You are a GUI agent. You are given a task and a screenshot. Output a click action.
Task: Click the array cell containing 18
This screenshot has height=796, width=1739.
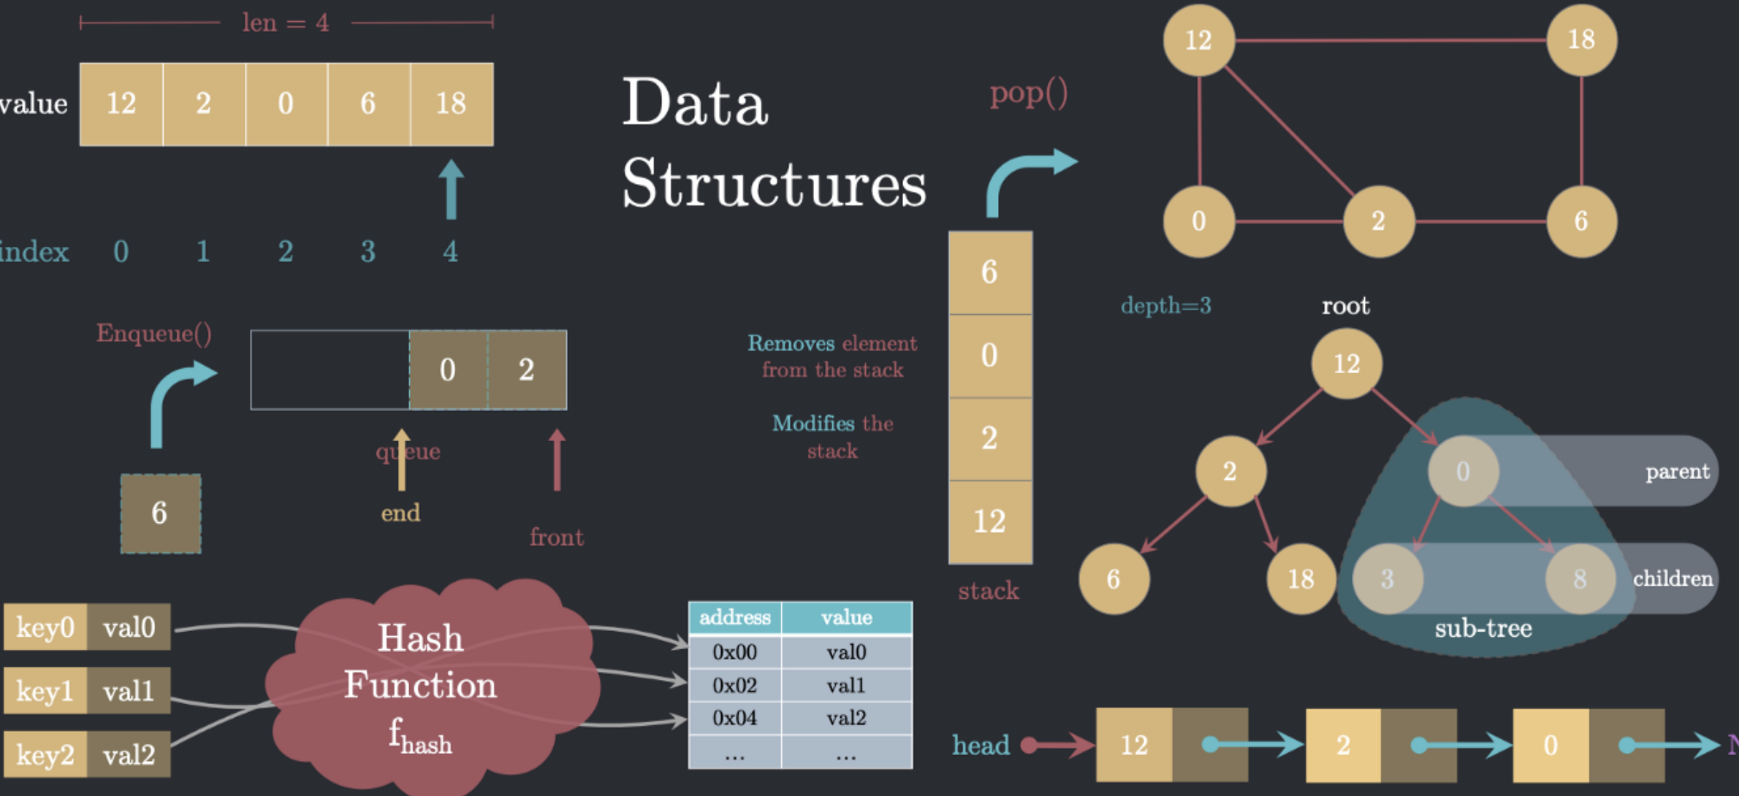pos(452,104)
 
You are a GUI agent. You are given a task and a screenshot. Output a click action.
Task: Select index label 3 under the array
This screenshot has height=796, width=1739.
pos(368,252)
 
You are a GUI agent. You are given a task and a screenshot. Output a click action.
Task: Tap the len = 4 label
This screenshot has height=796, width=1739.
pos(286,23)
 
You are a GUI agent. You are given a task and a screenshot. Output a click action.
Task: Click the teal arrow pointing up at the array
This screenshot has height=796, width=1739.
pos(451,189)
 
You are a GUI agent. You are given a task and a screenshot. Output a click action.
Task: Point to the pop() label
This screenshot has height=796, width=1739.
pos(1028,93)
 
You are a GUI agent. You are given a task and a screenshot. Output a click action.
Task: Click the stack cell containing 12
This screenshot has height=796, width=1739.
pos(990,521)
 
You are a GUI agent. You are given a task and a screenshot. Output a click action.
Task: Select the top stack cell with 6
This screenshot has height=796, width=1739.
pos(990,272)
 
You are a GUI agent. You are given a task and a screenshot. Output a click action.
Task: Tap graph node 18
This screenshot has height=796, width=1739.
pos(1581,39)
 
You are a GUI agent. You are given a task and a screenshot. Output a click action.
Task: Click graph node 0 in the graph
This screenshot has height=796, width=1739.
pos(1198,221)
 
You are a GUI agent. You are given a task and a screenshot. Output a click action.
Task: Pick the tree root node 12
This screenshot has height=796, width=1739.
pos(1346,364)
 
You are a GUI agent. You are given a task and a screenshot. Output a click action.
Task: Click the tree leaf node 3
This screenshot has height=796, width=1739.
pos(1387,578)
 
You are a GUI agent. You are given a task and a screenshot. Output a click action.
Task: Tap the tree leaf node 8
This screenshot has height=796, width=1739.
pos(1580,578)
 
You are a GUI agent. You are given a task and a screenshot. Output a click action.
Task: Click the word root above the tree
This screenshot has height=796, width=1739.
pos(1345,305)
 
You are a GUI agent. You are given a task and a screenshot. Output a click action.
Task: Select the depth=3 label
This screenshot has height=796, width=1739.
pos(1165,305)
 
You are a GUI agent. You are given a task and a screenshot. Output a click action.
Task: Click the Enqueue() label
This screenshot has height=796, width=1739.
pos(154,333)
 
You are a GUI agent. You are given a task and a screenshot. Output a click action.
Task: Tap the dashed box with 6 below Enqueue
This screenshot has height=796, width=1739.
pos(160,513)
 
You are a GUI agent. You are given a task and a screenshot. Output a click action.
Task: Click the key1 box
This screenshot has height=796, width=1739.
pos(45,690)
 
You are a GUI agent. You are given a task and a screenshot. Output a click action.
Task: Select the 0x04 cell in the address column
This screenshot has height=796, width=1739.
pos(734,718)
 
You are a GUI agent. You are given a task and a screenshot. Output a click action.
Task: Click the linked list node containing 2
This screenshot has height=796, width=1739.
pos(1343,745)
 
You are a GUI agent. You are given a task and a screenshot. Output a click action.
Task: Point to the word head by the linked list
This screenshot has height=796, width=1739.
pos(981,745)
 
